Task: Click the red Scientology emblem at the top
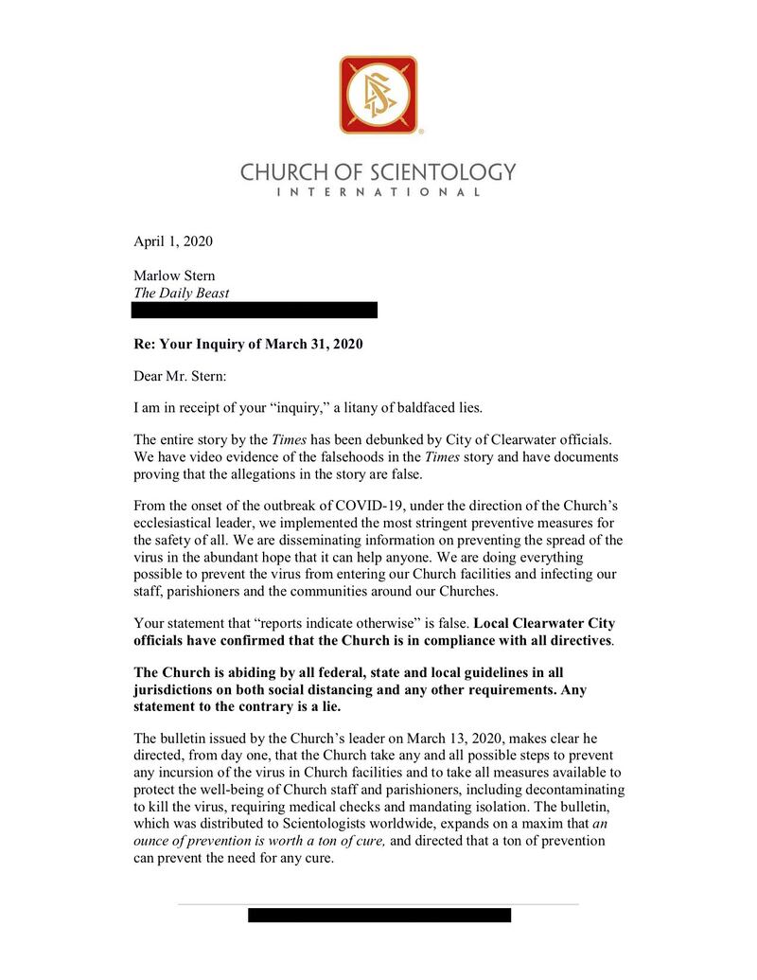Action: [x=378, y=95]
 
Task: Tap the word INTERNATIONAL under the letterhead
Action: [x=378, y=192]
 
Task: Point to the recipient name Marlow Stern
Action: [x=175, y=276]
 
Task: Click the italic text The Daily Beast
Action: [x=182, y=293]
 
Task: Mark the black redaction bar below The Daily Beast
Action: [x=255, y=310]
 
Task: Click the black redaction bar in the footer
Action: [x=379, y=915]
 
